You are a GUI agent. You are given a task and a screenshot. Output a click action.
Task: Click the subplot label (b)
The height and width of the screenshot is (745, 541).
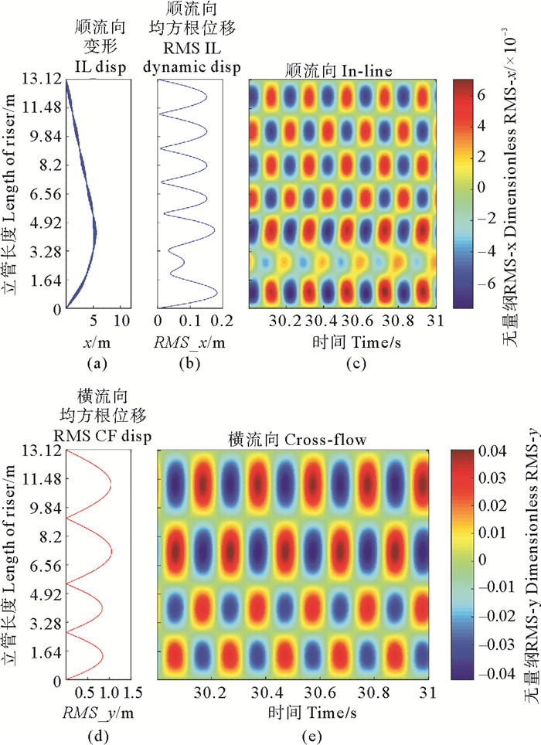coord(189,359)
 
